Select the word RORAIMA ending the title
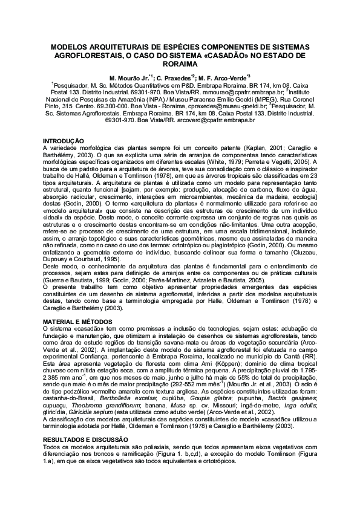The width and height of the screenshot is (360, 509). coord(180,63)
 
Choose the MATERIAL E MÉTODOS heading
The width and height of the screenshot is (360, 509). coord(78,320)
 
